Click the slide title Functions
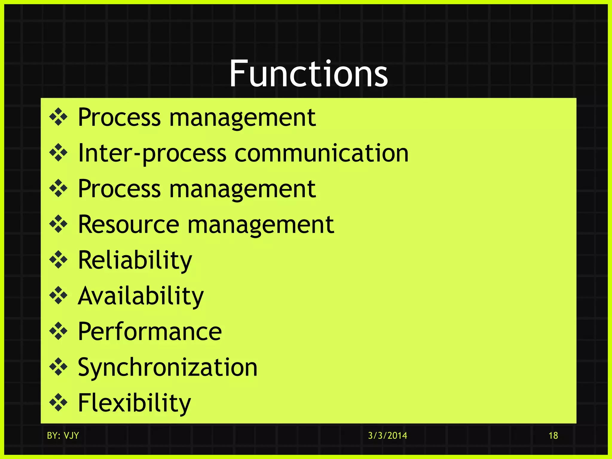pos(308,74)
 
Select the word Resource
pos(128,224)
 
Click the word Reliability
pos(135,260)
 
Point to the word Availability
pos(140,296)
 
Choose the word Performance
pos(150,331)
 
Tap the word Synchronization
pos(167,367)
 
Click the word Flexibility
pos(134,403)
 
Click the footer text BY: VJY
pos(63,435)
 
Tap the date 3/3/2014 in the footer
pos(387,435)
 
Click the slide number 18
pos(553,435)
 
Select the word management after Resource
pos(261,225)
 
